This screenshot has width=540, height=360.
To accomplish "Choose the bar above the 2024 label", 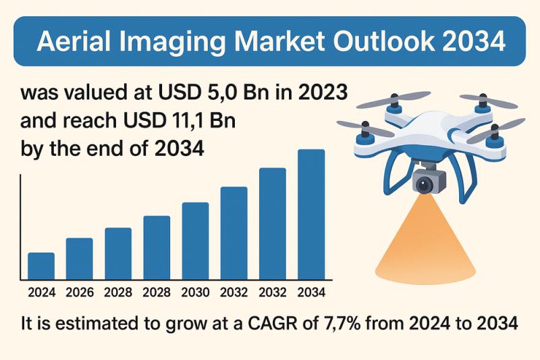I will [41, 266].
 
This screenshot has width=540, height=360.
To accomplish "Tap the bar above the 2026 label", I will [79, 259].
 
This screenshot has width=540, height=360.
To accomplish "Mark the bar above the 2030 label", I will [195, 240].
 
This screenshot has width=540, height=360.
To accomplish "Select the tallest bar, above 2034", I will [311, 214].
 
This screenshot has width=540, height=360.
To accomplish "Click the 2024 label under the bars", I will [40, 293].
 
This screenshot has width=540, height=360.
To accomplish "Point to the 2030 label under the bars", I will [195, 293].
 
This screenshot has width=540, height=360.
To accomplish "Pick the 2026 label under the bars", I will [79, 293].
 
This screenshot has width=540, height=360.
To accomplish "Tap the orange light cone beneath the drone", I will [425, 243].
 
